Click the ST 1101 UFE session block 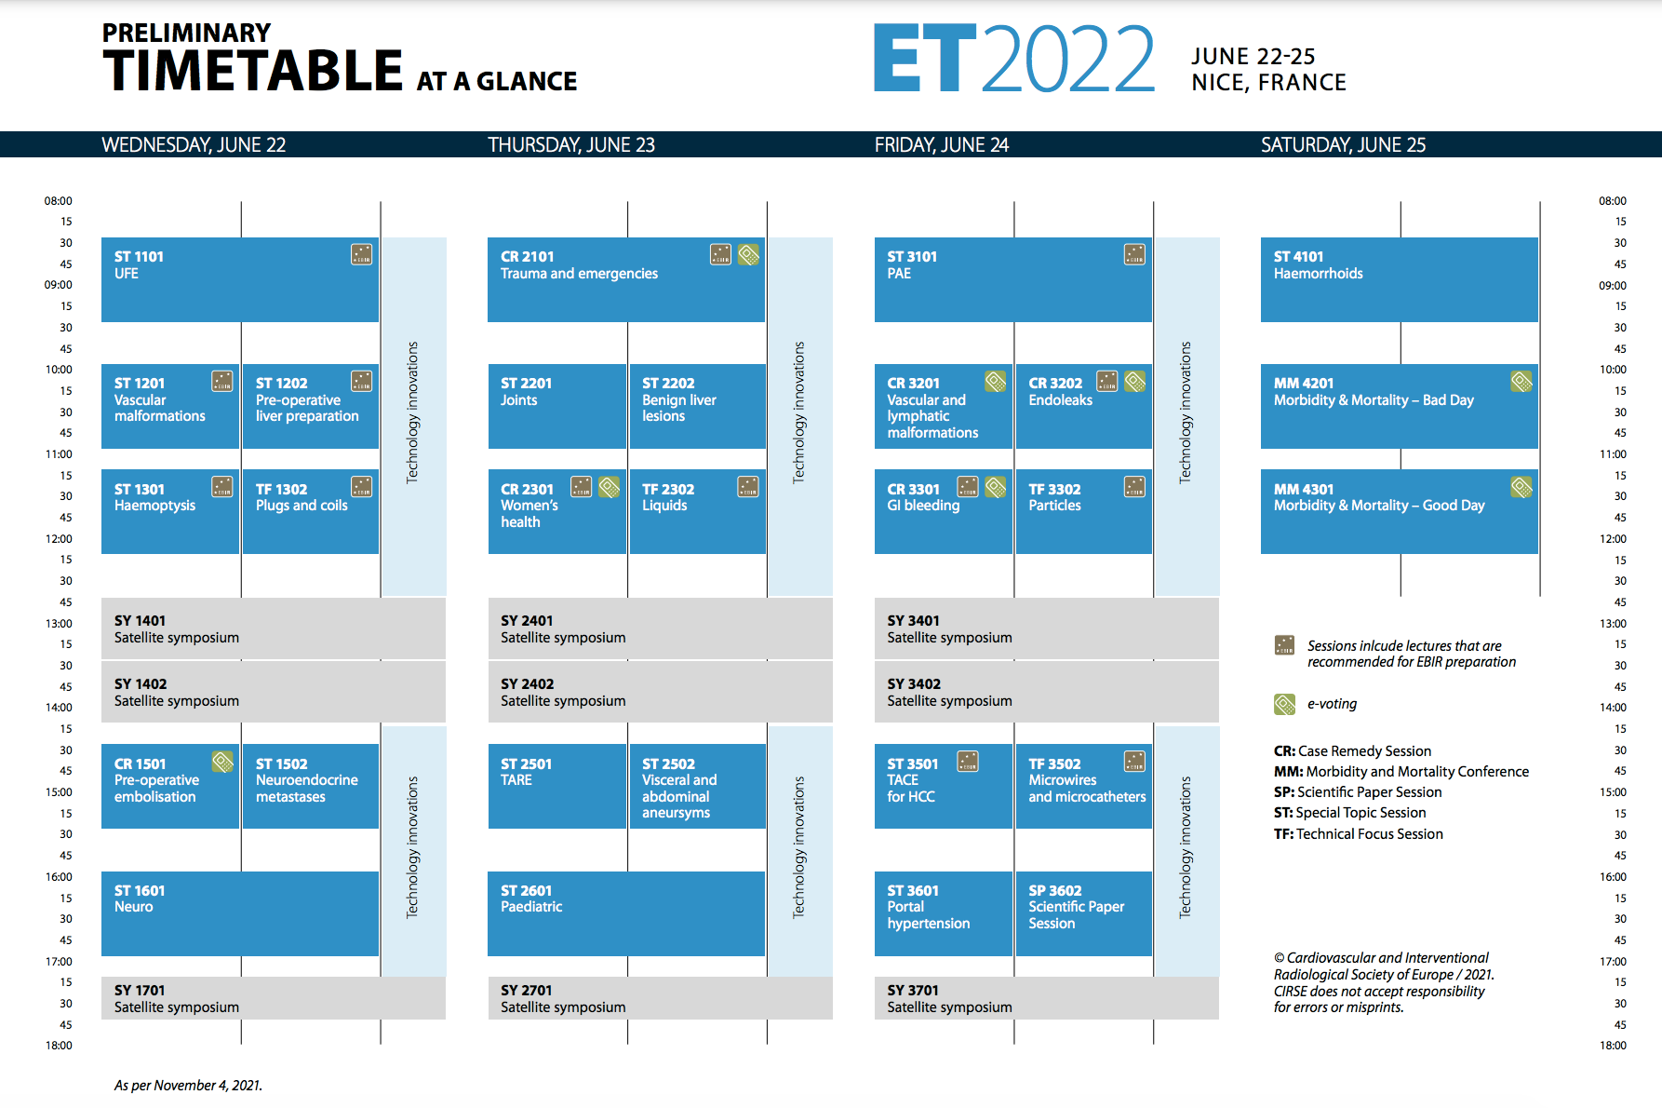[240, 279]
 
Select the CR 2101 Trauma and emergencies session [626, 279]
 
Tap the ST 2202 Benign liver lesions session [698, 406]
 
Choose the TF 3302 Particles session [1084, 511]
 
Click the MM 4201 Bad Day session [1400, 406]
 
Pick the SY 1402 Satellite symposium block [274, 692]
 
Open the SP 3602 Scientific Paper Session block [1084, 913]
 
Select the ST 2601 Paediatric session [626, 913]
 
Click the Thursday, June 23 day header [571, 145]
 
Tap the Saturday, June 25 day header [1343, 145]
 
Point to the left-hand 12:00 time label [59, 539]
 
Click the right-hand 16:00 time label [1613, 877]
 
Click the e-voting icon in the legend [1284, 704]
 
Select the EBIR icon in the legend [1284, 645]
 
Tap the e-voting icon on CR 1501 [222, 762]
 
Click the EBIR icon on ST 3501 [968, 762]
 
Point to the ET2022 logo [1014, 59]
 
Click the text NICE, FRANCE [1268, 83]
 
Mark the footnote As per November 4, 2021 [188, 1086]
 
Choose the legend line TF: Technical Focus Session [1359, 834]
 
